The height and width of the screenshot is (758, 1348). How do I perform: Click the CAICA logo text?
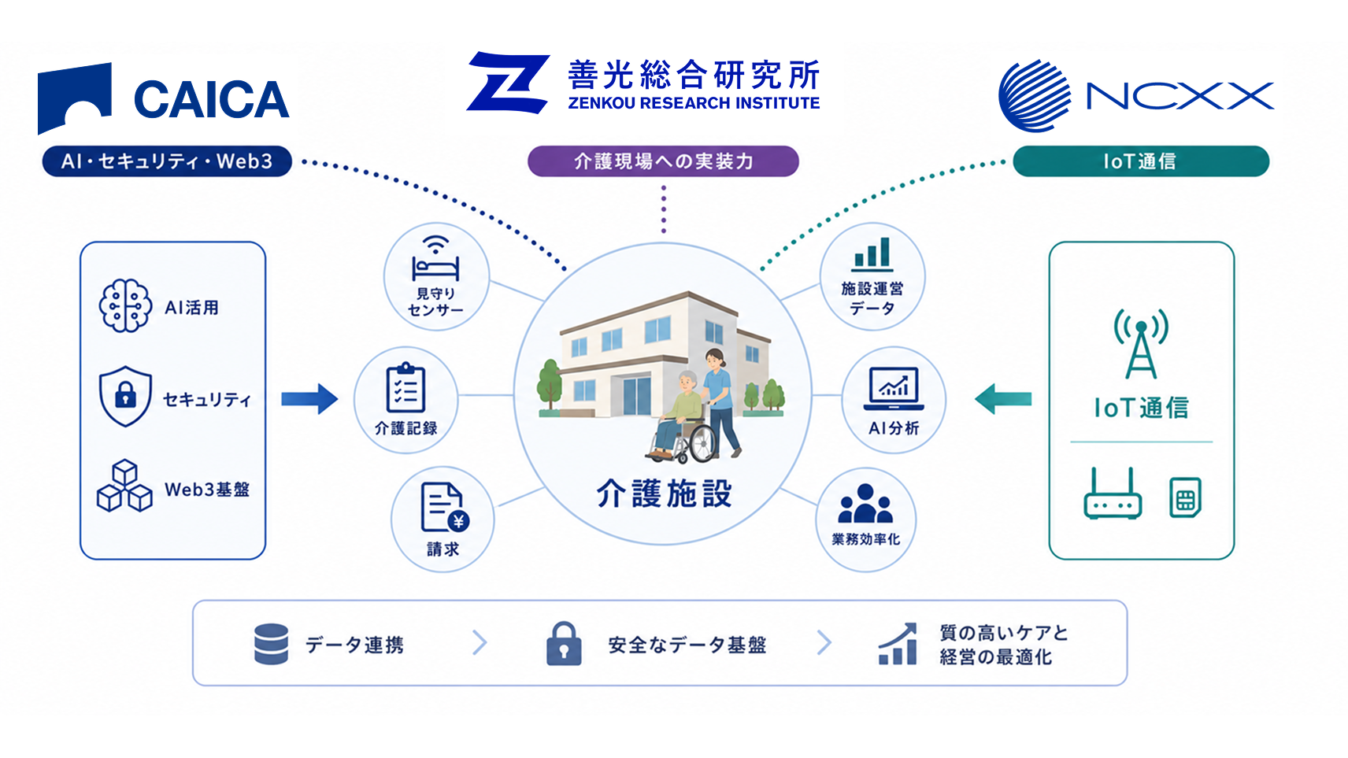coord(211,99)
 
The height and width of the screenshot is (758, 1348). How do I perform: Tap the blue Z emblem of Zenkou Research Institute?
coord(509,83)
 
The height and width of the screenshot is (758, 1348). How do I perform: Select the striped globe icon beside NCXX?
coord(1035,96)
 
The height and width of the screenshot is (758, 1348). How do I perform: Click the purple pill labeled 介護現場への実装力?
coord(663,161)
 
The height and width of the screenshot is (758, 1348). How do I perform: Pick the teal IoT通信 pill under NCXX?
coord(1141,161)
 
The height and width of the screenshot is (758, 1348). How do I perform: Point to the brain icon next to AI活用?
coord(125,305)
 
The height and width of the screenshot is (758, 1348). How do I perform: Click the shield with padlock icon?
coord(125,397)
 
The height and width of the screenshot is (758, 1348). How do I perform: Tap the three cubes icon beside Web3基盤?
coord(124,486)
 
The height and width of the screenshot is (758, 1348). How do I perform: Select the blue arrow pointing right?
coord(309,399)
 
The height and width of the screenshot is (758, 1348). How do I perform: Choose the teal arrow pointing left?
coord(1003,399)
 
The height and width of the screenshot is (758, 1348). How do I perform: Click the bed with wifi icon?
coord(435,259)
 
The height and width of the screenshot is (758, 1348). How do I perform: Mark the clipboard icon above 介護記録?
coord(406,387)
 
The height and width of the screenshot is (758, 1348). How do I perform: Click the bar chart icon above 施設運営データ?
coord(872,254)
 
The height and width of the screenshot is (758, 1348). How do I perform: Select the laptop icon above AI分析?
coord(894,389)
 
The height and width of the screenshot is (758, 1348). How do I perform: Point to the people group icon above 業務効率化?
coord(865,504)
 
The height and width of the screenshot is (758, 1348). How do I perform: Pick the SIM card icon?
coord(1186,497)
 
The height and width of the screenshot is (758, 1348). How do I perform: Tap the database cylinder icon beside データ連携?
coord(272,644)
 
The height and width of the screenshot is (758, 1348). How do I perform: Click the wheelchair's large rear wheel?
coord(702,444)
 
